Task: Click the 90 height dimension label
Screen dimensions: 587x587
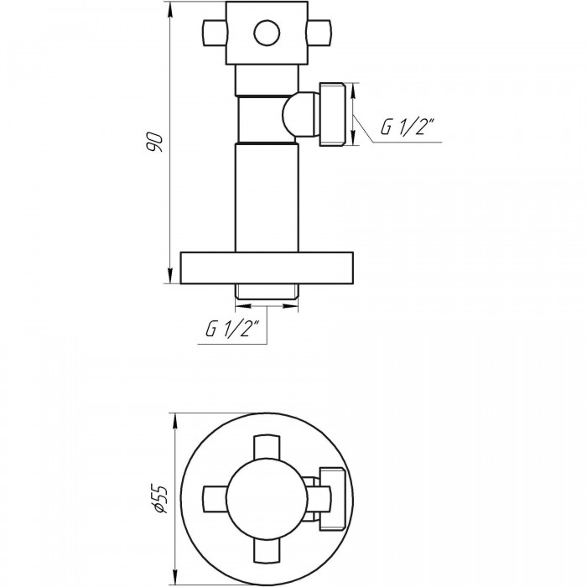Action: (x=154, y=142)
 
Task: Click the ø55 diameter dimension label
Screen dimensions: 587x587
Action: (x=160, y=499)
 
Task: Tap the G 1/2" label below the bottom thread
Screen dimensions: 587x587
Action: (x=232, y=329)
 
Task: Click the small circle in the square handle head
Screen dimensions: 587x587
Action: (x=267, y=33)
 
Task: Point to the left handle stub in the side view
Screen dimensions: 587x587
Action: (x=215, y=33)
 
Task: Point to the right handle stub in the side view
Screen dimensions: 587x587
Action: (x=319, y=33)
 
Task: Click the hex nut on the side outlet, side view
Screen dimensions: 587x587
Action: (x=332, y=114)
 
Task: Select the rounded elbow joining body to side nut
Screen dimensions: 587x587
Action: (x=300, y=114)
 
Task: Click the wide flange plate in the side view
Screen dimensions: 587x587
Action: (x=267, y=268)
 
